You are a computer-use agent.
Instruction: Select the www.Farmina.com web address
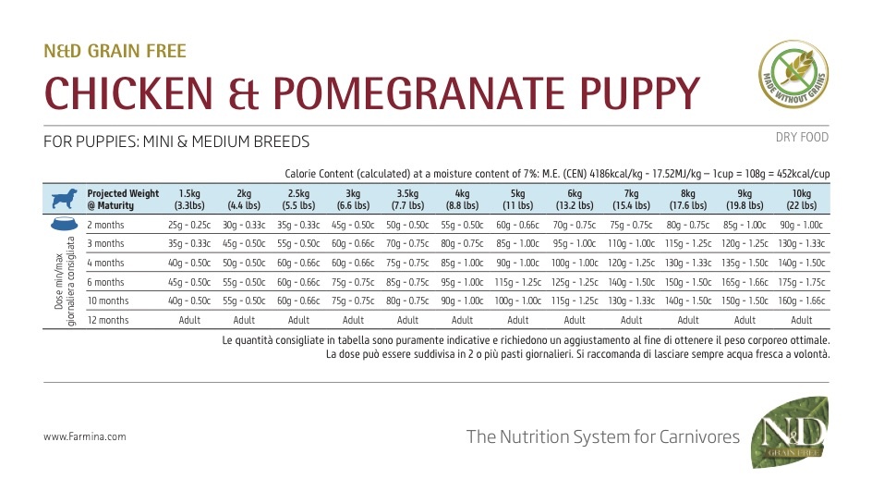coord(85,436)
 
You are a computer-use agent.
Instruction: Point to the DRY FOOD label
coord(803,138)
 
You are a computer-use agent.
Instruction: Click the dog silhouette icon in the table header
coord(65,199)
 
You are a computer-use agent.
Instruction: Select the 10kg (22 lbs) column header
coord(801,199)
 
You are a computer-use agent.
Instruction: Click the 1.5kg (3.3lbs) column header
coord(188,199)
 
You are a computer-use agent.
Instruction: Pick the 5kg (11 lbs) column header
coord(516,199)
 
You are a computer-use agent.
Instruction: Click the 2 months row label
coord(105,225)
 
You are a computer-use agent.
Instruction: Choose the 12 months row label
coord(108,320)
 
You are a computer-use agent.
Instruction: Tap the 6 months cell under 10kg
coord(801,281)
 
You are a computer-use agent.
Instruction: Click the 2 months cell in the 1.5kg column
coord(188,225)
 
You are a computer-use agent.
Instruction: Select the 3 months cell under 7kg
coord(631,243)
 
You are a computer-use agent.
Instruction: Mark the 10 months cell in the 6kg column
coord(574,301)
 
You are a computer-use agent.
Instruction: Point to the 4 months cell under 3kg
coord(353,263)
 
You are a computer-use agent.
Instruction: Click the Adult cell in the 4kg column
coord(462,320)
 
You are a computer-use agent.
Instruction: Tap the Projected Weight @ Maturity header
coord(123,199)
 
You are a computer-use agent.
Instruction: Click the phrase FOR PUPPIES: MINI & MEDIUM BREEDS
coord(176,141)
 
